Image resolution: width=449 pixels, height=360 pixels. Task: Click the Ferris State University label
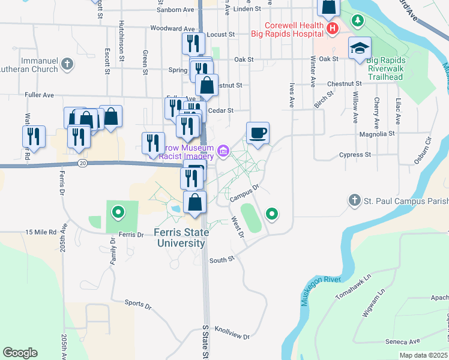click(x=181, y=238)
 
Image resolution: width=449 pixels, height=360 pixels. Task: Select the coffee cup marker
click(x=258, y=133)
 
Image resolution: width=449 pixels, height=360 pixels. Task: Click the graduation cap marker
click(x=360, y=48)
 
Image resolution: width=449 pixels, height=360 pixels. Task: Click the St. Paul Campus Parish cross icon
click(x=355, y=200)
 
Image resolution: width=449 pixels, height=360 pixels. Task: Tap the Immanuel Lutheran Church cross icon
click(x=67, y=62)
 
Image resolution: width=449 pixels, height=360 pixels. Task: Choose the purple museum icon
click(x=223, y=150)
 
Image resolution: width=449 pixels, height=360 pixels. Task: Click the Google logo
click(x=20, y=353)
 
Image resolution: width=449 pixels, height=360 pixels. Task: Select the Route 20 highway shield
click(x=82, y=163)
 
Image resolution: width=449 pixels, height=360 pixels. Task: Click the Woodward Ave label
click(x=173, y=28)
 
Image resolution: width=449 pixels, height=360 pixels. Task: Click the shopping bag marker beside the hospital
click(x=328, y=7)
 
